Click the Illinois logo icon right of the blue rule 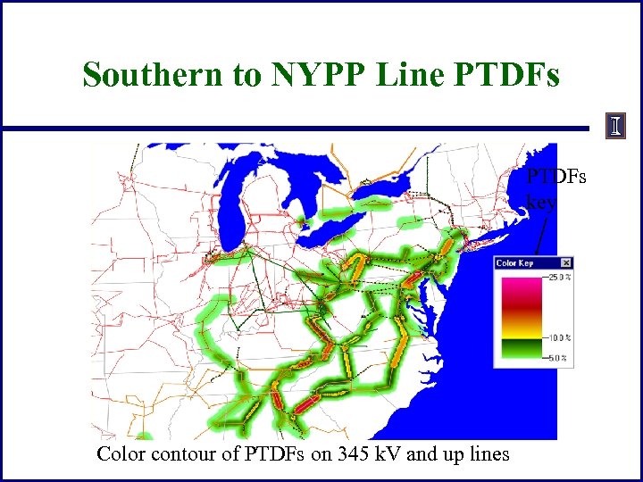click(615, 126)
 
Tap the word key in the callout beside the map click(541, 202)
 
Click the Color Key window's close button click(566, 263)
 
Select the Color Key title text click(514, 263)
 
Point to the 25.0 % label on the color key click(559, 278)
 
